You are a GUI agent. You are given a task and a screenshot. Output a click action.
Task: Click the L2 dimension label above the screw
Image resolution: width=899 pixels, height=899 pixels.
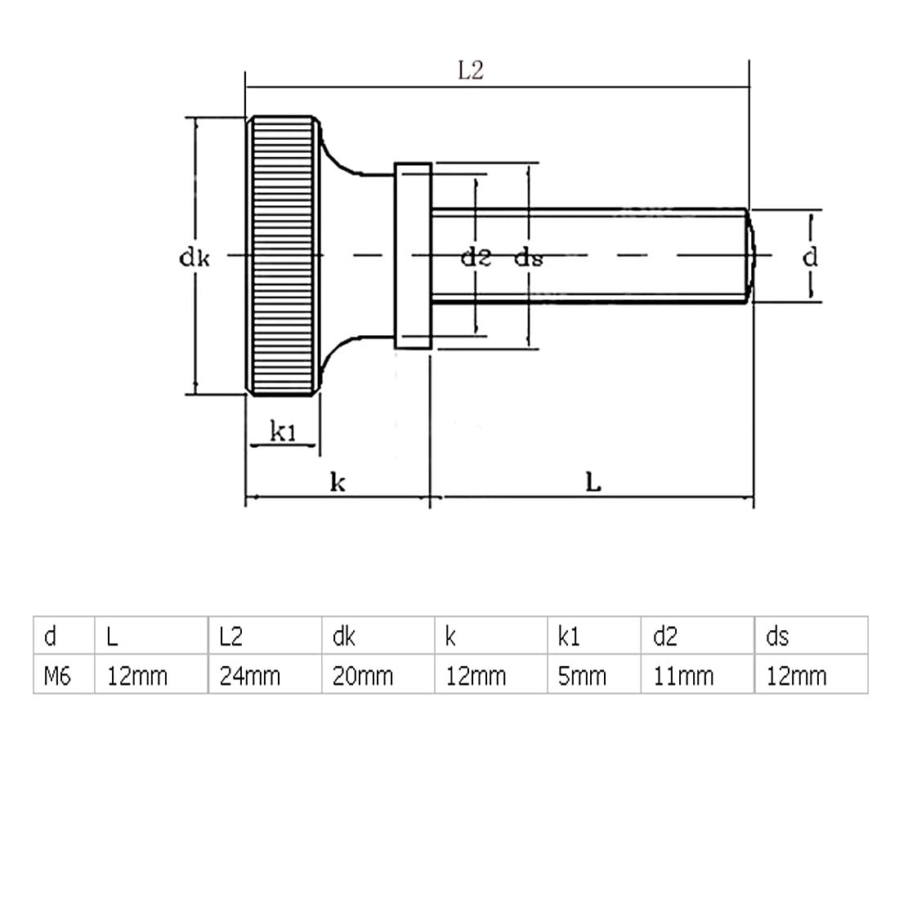[470, 70]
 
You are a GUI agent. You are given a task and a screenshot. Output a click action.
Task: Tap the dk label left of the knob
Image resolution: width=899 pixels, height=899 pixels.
[195, 258]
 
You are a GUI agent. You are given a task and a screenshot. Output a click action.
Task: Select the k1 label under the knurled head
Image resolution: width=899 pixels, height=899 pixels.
[283, 432]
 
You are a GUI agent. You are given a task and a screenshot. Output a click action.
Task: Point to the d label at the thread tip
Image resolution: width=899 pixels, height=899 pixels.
[809, 257]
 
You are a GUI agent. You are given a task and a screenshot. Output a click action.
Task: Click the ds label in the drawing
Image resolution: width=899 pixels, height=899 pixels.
[528, 258]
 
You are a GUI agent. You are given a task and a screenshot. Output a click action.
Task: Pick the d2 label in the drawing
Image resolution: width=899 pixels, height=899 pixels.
[476, 258]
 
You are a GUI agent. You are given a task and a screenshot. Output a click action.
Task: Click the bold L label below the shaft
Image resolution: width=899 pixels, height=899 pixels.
[593, 482]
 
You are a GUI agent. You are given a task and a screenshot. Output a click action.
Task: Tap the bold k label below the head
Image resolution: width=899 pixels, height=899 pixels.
[338, 482]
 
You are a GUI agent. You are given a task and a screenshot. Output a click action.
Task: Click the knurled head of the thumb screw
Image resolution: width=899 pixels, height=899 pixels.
[283, 256]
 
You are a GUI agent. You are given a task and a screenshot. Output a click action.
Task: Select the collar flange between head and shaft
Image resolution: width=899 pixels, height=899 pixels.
[413, 256]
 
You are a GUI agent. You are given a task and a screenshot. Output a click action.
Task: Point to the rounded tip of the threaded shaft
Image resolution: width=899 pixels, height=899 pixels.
[750, 256]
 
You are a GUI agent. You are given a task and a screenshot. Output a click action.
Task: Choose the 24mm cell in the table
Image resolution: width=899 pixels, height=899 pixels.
[249, 676]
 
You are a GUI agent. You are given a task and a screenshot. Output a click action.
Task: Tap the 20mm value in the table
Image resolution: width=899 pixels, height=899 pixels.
[362, 676]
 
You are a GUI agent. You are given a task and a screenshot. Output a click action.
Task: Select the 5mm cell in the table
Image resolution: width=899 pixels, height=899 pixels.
[582, 676]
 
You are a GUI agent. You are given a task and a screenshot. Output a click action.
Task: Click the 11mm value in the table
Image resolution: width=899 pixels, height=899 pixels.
[683, 676]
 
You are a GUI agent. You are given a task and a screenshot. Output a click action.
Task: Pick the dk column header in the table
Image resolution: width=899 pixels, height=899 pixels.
[344, 636]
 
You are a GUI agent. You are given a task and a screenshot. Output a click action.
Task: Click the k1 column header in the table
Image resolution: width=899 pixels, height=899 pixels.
[568, 636]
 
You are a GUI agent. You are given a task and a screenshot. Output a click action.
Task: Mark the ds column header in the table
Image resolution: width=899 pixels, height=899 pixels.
[776, 636]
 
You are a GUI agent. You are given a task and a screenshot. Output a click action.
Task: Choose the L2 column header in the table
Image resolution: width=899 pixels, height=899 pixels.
[231, 636]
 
